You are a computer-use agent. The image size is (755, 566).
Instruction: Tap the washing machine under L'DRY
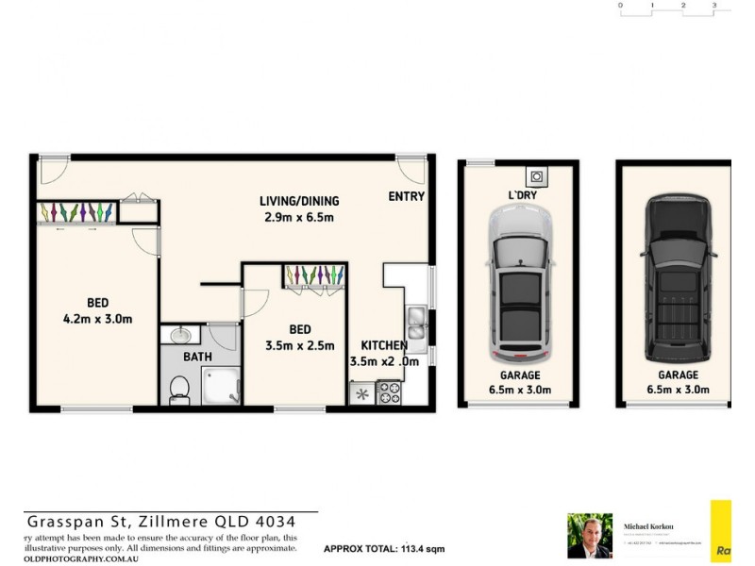pos(536,175)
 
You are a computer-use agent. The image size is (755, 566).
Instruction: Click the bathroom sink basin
pos(180,335)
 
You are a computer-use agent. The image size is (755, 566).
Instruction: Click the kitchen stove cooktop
pos(389,392)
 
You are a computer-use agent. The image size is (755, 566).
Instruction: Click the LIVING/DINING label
pos(299,201)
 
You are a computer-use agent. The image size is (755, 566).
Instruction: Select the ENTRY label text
pos(406,197)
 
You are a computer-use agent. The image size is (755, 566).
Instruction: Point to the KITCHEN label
pos(384,345)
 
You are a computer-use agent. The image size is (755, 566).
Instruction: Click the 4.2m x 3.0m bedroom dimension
pos(96,319)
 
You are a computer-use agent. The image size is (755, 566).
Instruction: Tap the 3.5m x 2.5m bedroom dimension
pos(299,345)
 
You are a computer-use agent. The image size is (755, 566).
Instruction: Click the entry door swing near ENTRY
pos(411,171)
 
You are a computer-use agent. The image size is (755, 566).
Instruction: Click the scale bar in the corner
pos(667,7)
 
